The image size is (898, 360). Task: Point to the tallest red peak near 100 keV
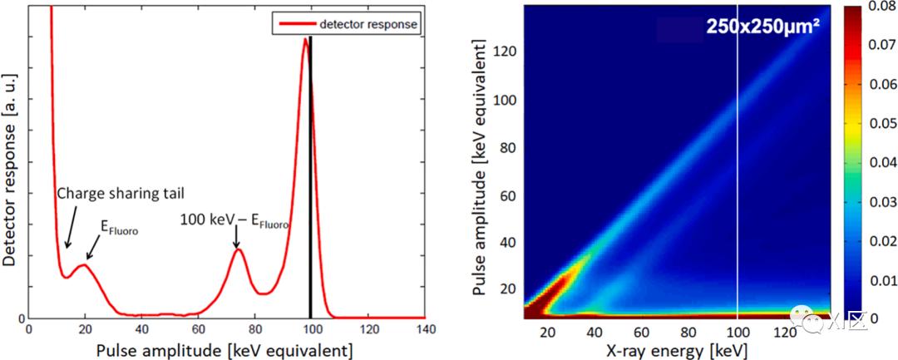305,42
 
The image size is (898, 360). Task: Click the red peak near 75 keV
239,249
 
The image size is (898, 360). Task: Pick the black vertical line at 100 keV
311,166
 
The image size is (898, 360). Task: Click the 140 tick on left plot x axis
424,330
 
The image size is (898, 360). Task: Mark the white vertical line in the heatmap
738,166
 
